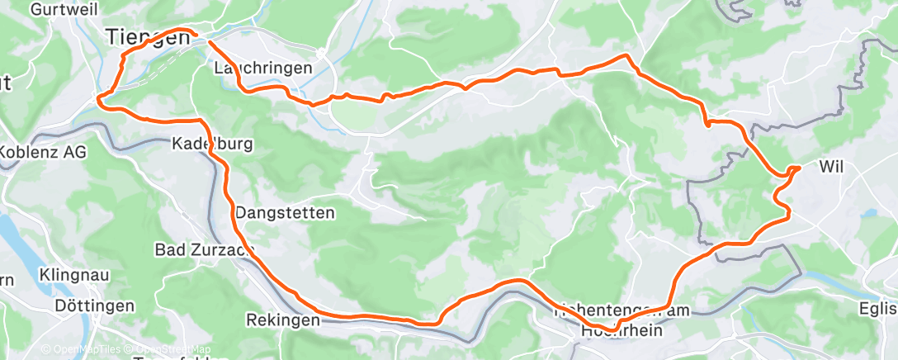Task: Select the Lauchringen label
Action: coord(262,68)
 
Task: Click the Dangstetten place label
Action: coord(285,213)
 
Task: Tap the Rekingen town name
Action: coord(281,320)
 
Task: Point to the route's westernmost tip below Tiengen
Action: coord(98,100)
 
